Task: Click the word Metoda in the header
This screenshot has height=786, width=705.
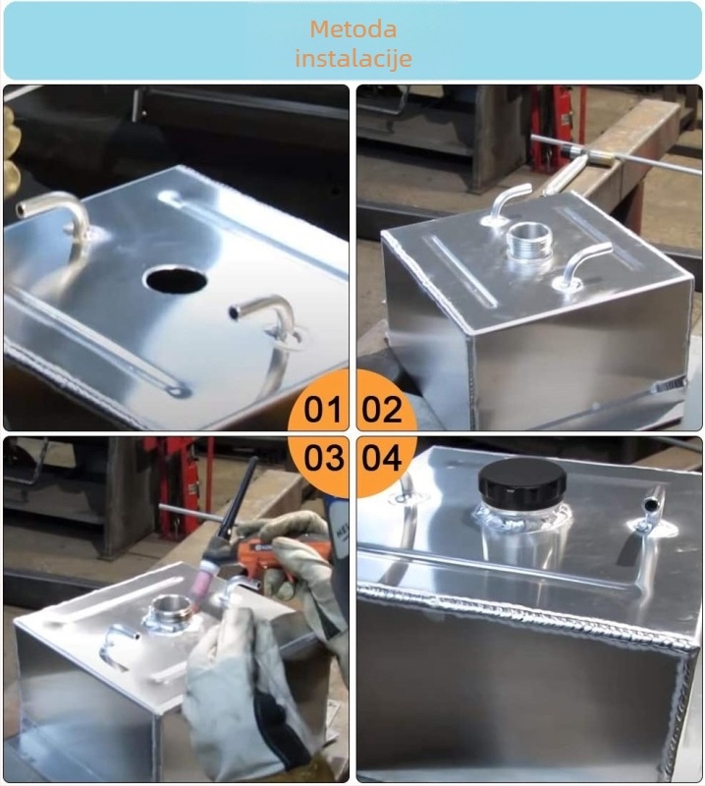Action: [352, 29]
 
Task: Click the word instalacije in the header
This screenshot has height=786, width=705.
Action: [353, 58]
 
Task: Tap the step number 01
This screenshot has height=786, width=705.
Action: [323, 409]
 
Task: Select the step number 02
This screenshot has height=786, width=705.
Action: [382, 409]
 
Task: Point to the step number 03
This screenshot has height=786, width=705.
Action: [324, 458]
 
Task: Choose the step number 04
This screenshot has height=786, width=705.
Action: [382, 458]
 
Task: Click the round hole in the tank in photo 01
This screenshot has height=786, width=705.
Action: [176, 280]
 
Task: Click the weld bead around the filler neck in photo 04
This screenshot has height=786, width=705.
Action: [521, 522]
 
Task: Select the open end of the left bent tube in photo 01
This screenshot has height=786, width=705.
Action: [22, 208]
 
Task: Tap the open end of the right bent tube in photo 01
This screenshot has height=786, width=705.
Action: [234, 312]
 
